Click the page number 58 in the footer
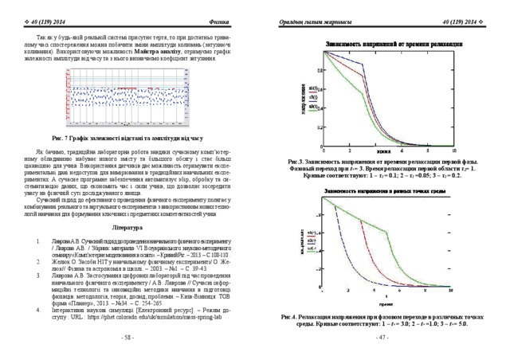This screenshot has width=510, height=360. click(x=126, y=338)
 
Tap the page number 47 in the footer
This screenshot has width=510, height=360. click(x=382, y=338)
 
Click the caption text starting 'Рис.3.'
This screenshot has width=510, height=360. click(x=381, y=168)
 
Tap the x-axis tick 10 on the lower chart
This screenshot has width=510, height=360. click(x=450, y=290)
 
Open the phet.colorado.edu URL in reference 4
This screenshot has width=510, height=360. click(x=163, y=315)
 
